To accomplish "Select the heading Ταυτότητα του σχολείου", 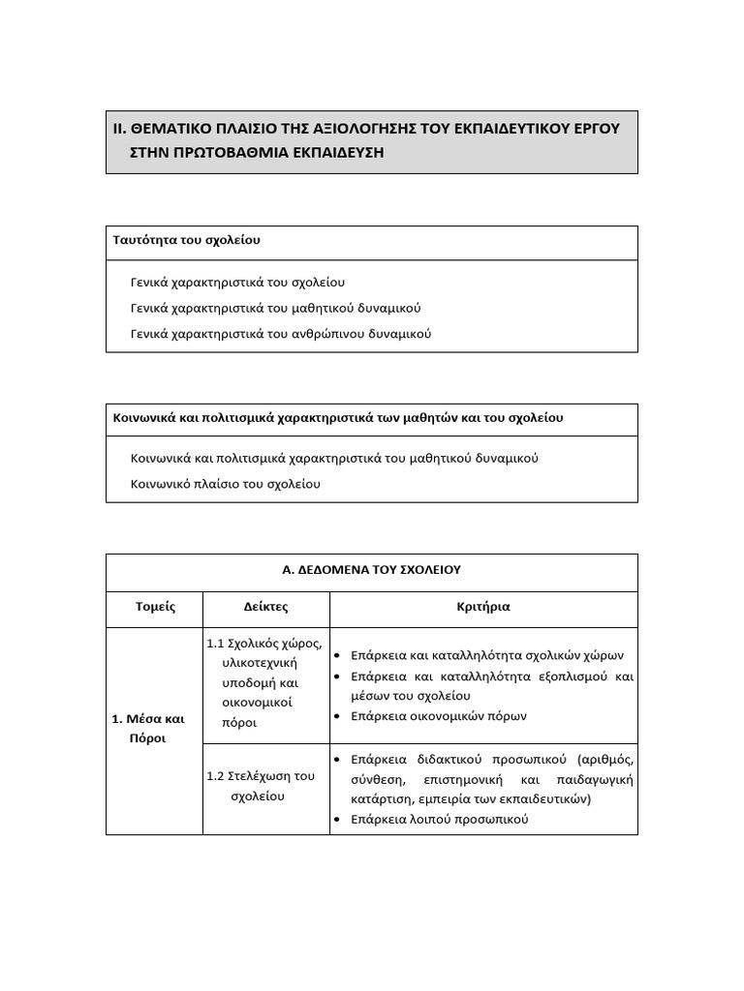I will pyautogui.click(x=186, y=240).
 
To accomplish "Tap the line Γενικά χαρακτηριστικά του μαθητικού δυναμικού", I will pyautogui.click(x=275, y=308).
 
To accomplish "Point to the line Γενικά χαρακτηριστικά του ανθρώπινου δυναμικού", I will pyautogui.click(x=280, y=334).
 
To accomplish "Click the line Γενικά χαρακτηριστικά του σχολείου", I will pyautogui.click(x=237, y=283).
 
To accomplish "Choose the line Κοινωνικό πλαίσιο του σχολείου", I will pyautogui.click(x=225, y=483).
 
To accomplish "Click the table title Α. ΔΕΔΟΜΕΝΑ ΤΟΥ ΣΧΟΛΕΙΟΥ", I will pyautogui.click(x=371, y=570).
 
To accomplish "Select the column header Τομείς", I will pyautogui.click(x=154, y=608).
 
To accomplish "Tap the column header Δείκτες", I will pyautogui.click(x=265, y=608).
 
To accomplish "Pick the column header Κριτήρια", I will pyautogui.click(x=482, y=608).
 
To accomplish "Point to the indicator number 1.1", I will pyautogui.click(x=215, y=644).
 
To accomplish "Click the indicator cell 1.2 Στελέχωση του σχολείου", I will pyautogui.click(x=262, y=786).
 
